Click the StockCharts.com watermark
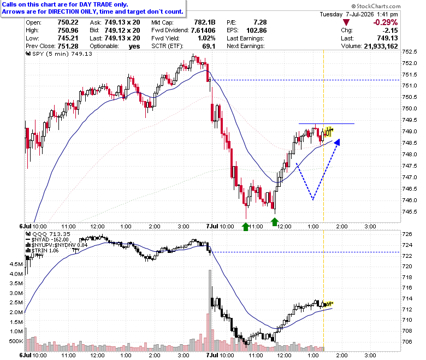tap(376, 6)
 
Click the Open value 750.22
tap(68, 22)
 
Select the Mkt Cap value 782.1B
tap(205, 22)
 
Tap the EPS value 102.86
tap(257, 31)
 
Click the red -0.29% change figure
tap(386, 22)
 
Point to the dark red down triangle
tap(346, 22)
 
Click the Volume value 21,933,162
tap(381, 46)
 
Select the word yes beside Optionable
tap(134, 46)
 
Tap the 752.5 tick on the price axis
tap(409, 51)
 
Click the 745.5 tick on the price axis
tap(409, 211)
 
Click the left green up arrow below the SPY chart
tap(246, 227)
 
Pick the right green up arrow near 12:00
tap(275, 222)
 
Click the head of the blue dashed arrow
tap(337, 142)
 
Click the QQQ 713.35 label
tap(51, 234)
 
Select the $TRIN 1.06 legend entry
tap(45, 251)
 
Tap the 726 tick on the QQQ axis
tap(407, 234)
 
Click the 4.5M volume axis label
tap(16, 264)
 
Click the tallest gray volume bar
tap(210, 310)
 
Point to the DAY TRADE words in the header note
tap(96, 4)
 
